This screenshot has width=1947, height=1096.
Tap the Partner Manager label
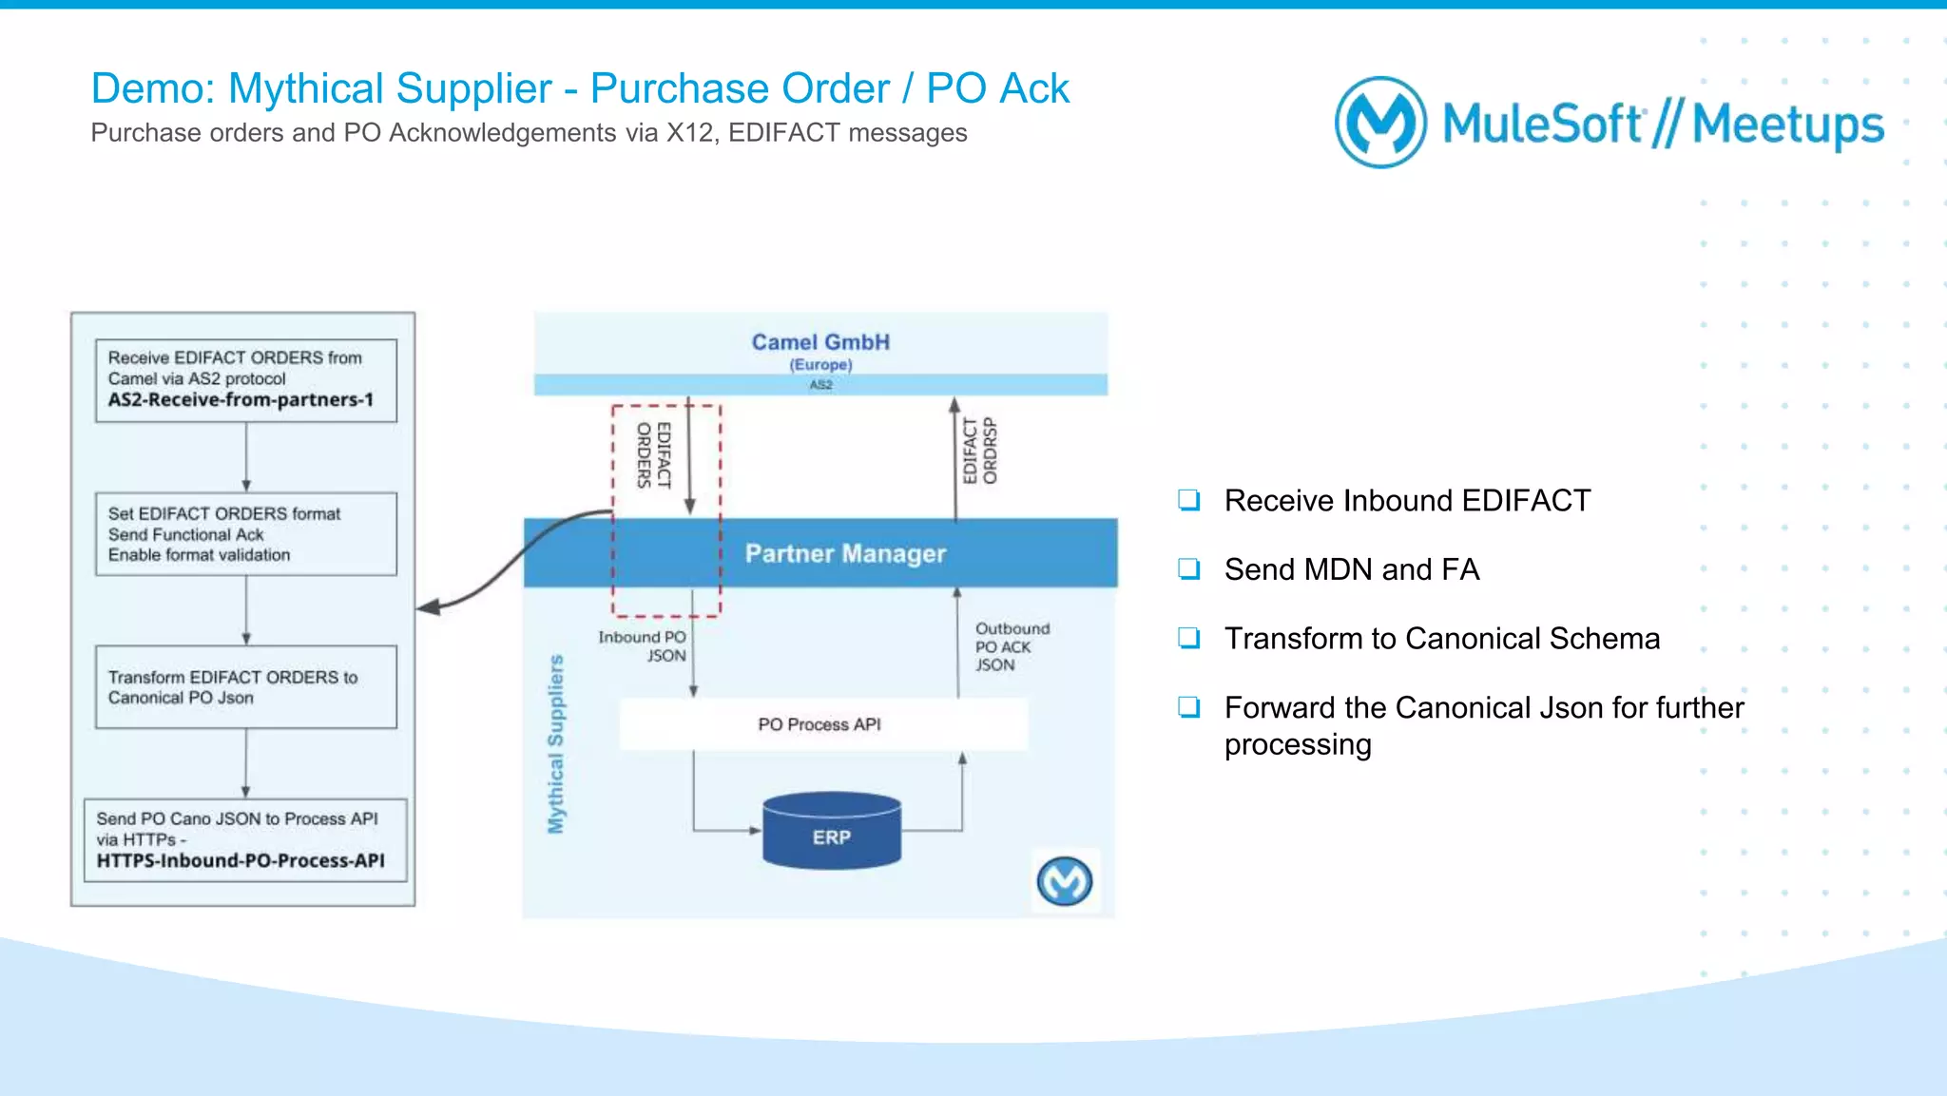[x=845, y=553]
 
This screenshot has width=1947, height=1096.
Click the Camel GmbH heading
[x=820, y=342]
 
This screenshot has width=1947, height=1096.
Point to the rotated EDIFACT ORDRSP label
[x=979, y=451]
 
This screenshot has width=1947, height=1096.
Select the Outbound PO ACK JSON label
[x=1011, y=646]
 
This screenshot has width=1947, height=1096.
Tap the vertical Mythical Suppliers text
[x=556, y=743]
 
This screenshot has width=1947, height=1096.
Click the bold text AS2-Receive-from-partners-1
[x=241, y=400]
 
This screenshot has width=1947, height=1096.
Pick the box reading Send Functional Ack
[x=245, y=534]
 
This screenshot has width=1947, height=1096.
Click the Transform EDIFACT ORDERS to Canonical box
[x=245, y=687]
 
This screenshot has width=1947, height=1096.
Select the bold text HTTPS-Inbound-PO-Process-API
[x=241, y=861]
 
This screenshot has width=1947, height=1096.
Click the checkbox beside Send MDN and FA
[x=1188, y=569]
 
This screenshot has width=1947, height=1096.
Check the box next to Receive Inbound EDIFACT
[x=1188, y=500]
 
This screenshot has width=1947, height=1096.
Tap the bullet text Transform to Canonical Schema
[x=1441, y=639]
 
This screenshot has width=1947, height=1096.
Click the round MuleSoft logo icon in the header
[x=1380, y=123]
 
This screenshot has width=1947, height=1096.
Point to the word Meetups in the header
[x=1787, y=125]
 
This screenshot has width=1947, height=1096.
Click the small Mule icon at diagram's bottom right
[x=1064, y=881]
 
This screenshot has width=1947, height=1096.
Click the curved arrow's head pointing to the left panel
[x=429, y=606]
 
